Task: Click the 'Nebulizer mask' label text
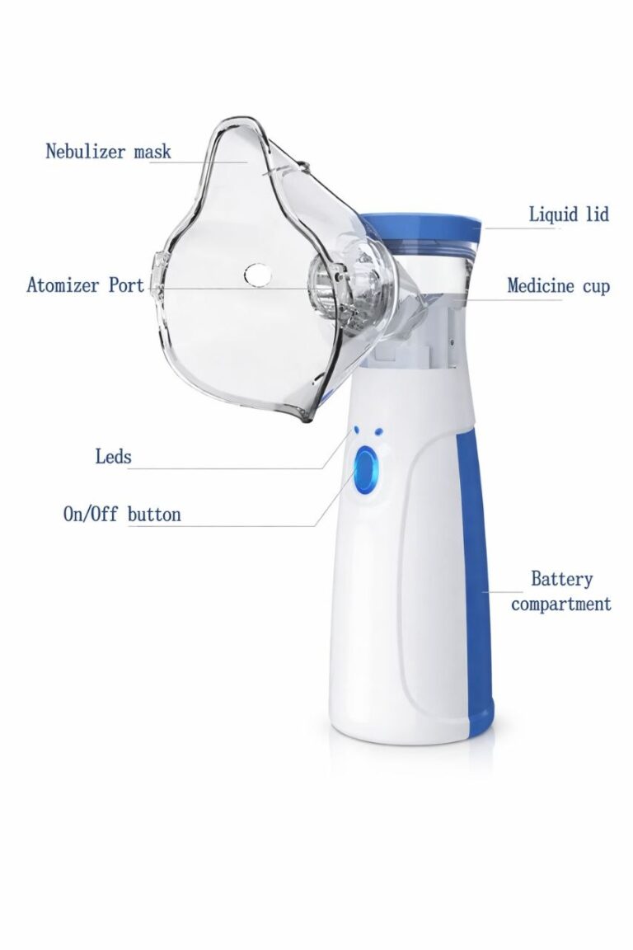click(109, 151)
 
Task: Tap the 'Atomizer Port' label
click(86, 285)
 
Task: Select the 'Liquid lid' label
click(569, 214)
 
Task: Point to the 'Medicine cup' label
click(559, 285)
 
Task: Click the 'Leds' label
click(113, 455)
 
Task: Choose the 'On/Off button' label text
click(122, 515)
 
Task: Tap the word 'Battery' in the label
click(561, 579)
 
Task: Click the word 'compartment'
click(561, 604)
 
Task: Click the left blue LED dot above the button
click(357, 430)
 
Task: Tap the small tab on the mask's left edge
click(157, 278)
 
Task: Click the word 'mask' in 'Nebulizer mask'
click(152, 151)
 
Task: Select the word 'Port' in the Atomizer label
click(127, 285)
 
